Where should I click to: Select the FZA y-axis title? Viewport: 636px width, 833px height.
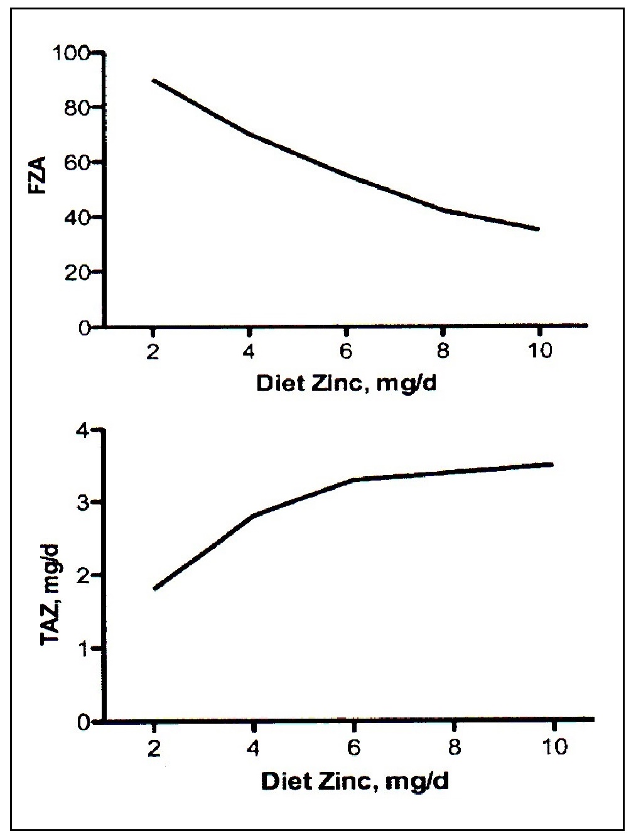(43, 178)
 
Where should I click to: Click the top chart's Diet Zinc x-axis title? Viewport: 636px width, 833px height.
(346, 383)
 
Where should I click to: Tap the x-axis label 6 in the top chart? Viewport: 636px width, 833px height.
(346, 351)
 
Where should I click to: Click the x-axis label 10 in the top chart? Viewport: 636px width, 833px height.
(538, 351)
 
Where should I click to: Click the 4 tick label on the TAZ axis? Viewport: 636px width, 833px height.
(85, 430)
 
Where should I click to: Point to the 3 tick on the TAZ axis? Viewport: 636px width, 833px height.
(85, 503)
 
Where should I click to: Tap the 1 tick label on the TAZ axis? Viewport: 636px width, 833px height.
(85, 648)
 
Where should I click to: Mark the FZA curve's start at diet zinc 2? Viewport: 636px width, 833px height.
(154, 81)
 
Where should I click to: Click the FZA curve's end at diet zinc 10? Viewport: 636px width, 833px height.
(538, 229)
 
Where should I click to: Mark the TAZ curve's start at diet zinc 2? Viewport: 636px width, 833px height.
(154, 588)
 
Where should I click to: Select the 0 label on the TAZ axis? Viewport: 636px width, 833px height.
(85, 722)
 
